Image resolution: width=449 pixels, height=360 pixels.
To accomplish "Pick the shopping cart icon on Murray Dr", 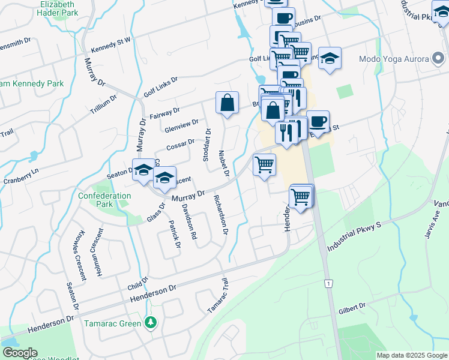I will click(x=265, y=164).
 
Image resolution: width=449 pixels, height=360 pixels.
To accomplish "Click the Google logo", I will click(x=20, y=353).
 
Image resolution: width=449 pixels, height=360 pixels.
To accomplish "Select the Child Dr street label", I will click(x=137, y=283).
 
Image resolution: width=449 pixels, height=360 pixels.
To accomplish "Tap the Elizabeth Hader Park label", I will click(x=58, y=8).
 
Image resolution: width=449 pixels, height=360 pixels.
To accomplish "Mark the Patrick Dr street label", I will click(x=174, y=233).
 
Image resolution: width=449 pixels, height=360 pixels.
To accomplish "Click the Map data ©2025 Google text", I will click(x=411, y=355).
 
